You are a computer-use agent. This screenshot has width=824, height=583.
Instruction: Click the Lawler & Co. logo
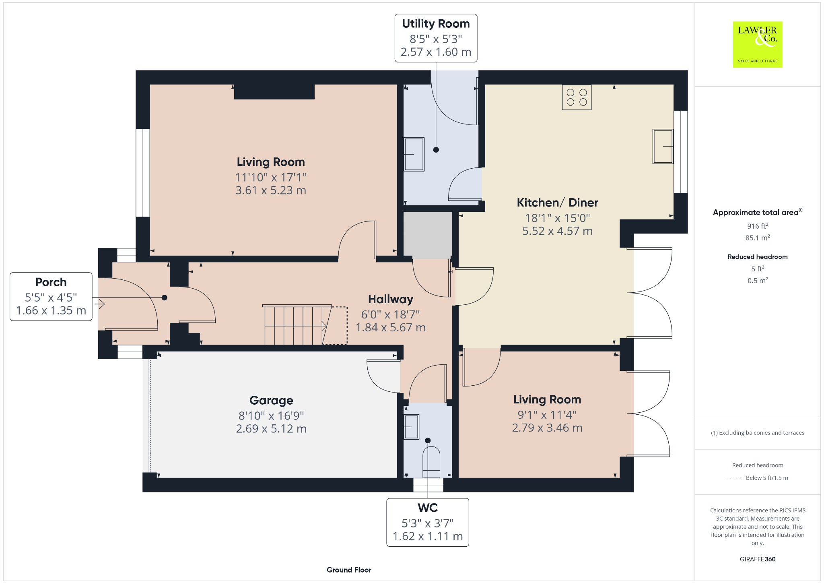click(x=757, y=44)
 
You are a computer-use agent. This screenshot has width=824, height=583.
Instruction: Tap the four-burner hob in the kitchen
click(x=576, y=97)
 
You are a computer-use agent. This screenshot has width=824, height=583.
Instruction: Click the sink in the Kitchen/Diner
click(x=663, y=147)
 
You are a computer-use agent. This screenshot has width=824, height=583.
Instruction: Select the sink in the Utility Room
click(x=414, y=154)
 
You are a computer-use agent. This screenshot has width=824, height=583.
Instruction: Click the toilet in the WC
click(x=431, y=462)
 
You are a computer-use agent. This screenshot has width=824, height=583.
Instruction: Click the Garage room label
click(x=271, y=400)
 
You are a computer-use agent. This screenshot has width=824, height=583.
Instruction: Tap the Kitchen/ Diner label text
click(x=557, y=203)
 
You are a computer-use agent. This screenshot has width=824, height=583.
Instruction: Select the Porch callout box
click(x=51, y=296)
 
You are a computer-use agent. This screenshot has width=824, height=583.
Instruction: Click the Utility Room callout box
click(x=436, y=38)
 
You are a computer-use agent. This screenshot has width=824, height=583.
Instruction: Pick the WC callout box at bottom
click(x=428, y=522)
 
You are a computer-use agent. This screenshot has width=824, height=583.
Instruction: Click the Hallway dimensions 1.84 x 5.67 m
click(x=390, y=328)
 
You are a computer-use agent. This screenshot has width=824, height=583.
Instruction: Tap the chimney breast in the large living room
click(x=274, y=92)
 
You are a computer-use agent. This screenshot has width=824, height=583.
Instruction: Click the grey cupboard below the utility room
click(x=427, y=235)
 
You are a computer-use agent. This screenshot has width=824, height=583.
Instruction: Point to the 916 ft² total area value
click(x=757, y=226)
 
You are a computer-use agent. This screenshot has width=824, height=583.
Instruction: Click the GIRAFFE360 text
click(x=757, y=559)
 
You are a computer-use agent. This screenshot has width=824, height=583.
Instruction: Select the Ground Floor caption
click(x=349, y=570)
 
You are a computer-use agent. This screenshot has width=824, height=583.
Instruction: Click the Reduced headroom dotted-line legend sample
click(x=734, y=478)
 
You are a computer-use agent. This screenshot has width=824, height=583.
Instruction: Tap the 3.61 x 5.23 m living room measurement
click(x=270, y=190)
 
